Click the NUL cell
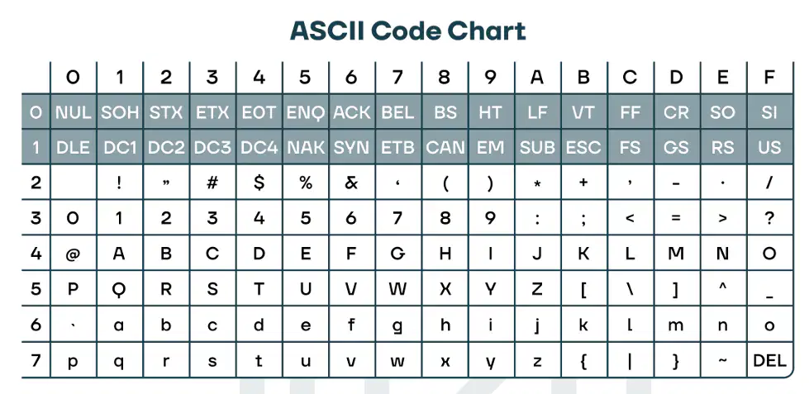74,112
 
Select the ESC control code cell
583,148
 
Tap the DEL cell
769,360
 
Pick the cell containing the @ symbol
74,254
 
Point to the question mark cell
769,218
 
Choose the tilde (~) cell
723,360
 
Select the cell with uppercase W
397,289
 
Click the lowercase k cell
583,325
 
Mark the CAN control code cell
445,148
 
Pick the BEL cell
397,112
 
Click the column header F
769,78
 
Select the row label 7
36,360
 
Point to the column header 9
491,78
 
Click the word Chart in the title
486,31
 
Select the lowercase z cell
537,360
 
